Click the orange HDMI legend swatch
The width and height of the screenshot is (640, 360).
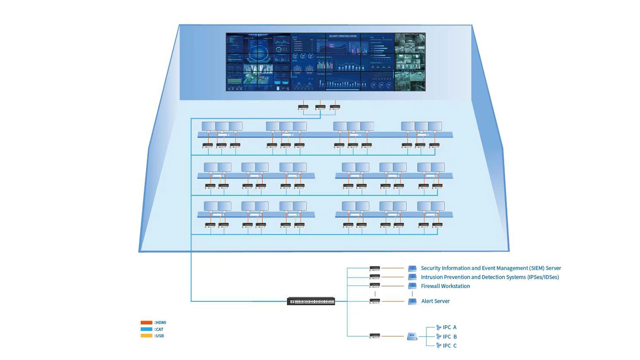[146, 322]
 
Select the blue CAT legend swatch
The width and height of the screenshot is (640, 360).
[146, 329]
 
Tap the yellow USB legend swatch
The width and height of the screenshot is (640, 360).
[146, 336]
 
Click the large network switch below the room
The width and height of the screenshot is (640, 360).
[311, 301]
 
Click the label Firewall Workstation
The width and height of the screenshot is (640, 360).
[445, 286]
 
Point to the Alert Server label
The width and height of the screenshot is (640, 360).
[435, 301]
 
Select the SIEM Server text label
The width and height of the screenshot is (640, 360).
[491, 268]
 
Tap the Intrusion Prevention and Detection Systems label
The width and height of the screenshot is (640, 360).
[490, 277]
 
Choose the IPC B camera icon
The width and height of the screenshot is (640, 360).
[439, 337]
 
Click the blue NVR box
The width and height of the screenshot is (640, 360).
[412, 337]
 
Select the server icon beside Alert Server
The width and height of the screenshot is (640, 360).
[412, 301]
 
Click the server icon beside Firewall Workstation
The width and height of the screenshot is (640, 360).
[412, 286]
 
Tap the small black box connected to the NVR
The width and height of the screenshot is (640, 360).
[375, 337]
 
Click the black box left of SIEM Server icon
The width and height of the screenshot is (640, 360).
[375, 268]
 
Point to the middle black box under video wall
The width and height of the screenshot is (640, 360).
[320, 107]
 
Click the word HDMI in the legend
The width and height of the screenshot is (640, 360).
[160, 322]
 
